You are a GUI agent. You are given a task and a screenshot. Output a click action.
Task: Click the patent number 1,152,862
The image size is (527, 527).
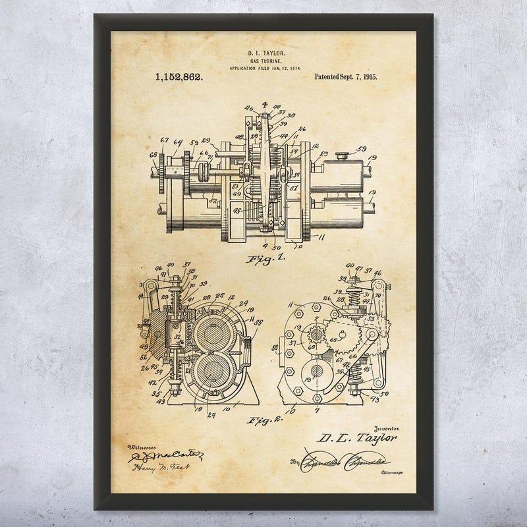tap(179, 77)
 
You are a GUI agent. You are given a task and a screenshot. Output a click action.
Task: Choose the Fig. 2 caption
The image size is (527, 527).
tap(266, 418)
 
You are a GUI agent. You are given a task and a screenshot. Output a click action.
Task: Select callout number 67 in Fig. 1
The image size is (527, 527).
tap(164, 139)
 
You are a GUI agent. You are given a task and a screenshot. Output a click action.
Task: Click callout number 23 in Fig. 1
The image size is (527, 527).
tap(323, 156)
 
